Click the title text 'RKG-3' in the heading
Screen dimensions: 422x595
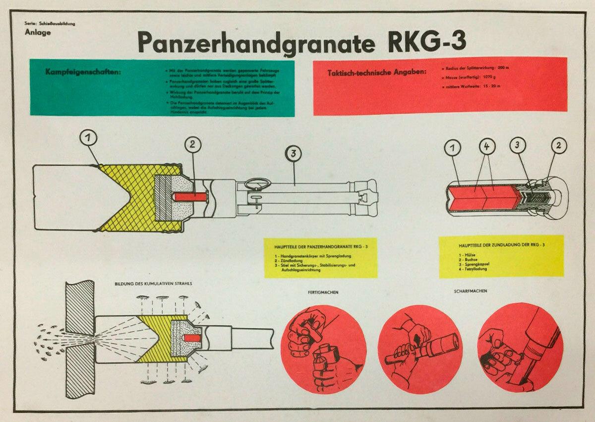pos(425,42)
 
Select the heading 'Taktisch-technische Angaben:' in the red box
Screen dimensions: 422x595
pos(376,73)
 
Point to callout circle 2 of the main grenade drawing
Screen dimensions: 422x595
pos(193,145)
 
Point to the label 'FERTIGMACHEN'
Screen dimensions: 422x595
pos(322,292)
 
